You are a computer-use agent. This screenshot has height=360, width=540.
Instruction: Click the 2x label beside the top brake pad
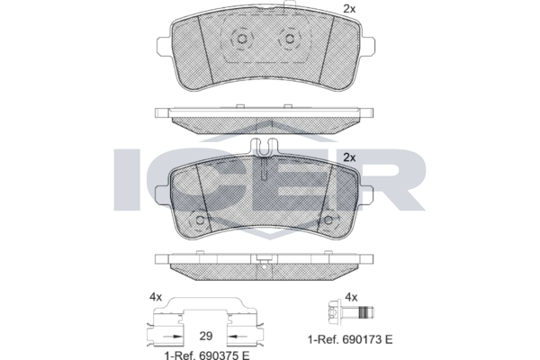pyautogui.click(x=349, y=9)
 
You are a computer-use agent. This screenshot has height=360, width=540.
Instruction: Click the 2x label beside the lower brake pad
pyautogui.click(x=349, y=157)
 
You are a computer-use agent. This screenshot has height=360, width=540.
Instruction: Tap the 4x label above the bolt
pyautogui.click(x=351, y=297)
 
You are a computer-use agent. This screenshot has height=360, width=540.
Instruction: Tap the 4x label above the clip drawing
pyautogui.click(x=156, y=297)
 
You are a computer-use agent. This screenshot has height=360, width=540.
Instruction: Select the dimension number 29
pyautogui.click(x=206, y=336)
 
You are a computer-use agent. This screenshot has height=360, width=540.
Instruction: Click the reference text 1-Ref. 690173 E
pyautogui.click(x=350, y=339)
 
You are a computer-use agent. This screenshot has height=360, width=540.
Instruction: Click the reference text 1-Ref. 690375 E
pyautogui.click(x=207, y=355)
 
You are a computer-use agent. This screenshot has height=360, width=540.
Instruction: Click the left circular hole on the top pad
pyautogui.click(x=241, y=38)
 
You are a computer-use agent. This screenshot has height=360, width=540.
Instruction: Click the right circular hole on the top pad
pyautogui.click(x=289, y=38)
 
